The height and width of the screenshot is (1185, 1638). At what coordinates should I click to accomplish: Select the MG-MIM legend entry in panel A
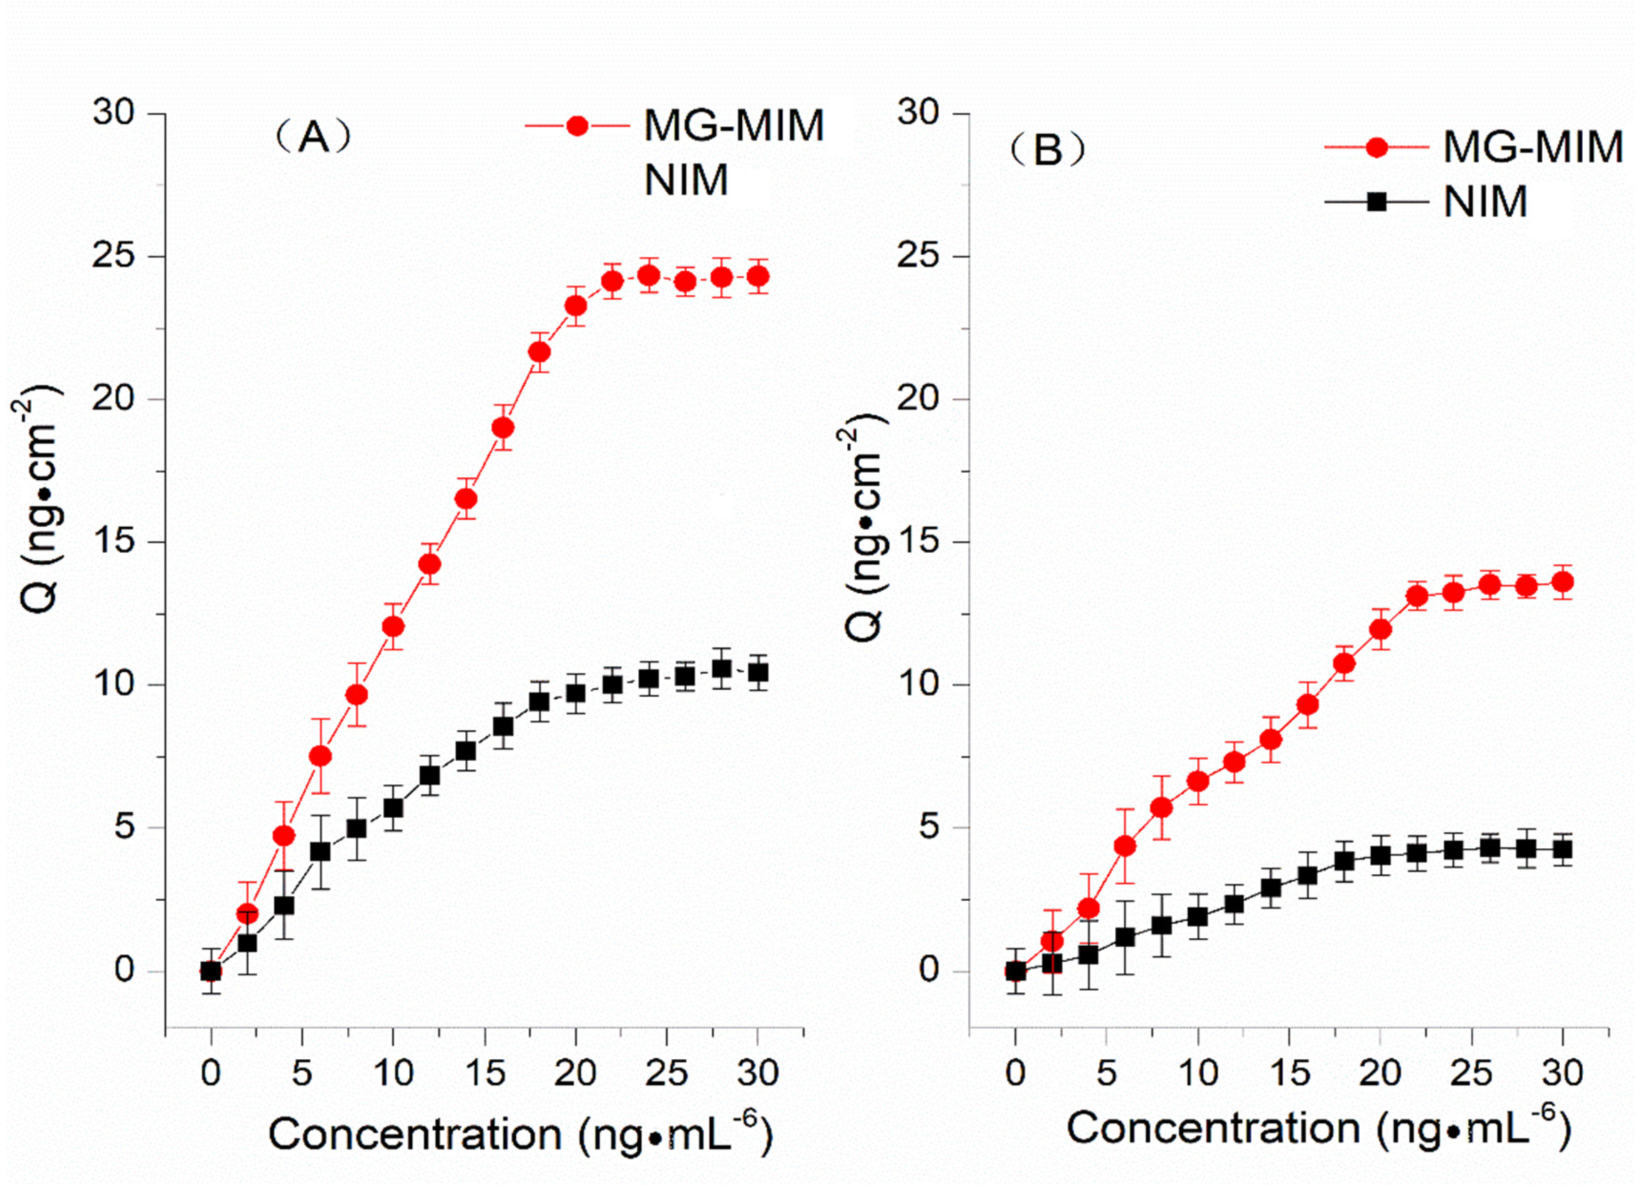click(733, 126)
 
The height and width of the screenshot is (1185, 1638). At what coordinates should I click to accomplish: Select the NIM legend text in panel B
click(1485, 202)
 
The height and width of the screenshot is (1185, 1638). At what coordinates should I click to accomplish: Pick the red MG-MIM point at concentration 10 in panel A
click(393, 626)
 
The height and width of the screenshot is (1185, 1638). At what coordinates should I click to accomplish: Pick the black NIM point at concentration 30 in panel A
click(757, 673)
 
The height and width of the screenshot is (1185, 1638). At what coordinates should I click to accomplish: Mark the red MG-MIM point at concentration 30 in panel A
click(757, 276)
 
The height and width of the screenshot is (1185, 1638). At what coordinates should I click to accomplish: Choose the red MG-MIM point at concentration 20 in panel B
click(1380, 629)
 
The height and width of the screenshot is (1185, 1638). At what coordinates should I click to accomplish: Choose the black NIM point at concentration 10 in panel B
click(1197, 917)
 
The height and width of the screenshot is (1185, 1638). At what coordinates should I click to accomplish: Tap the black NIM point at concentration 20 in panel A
click(575, 694)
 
